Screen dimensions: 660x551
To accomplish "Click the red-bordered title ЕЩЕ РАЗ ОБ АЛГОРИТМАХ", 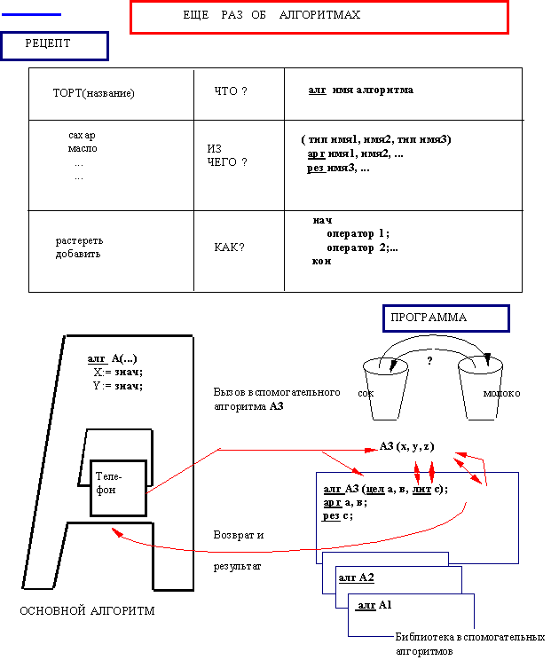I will click(x=319, y=17).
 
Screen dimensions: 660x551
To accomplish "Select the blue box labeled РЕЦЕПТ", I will click(x=54, y=45).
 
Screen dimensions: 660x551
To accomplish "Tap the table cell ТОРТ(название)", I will click(x=93, y=93).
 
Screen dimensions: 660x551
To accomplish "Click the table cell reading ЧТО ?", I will click(x=231, y=91).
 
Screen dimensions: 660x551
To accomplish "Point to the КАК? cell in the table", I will click(x=229, y=247).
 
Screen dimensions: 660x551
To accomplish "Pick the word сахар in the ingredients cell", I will click(x=81, y=135).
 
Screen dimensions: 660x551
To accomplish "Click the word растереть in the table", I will click(x=80, y=240).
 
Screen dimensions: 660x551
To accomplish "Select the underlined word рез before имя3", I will click(x=315, y=169).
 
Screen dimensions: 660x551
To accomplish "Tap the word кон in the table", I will click(x=321, y=262).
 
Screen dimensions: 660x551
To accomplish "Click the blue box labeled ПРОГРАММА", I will click(x=446, y=318).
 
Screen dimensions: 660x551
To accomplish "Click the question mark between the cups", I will click(x=429, y=361).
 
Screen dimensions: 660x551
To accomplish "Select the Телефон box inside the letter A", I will click(x=118, y=487).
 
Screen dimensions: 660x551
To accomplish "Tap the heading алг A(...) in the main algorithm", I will click(x=112, y=358).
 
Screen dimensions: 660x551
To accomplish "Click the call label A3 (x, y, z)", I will click(x=405, y=446).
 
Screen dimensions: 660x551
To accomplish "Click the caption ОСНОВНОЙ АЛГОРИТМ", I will click(x=87, y=611).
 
